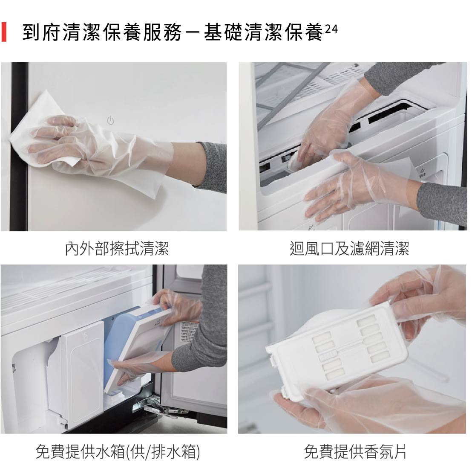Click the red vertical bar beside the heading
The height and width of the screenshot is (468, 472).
[x=3, y=32]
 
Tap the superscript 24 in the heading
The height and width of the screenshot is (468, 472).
[x=331, y=29]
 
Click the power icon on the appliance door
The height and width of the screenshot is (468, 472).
[x=110, y=121]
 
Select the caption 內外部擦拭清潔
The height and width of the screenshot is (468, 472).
[x=117, y=248]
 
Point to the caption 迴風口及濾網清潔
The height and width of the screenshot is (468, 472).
[x=349, y=248]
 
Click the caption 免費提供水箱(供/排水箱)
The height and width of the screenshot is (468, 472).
[x=118, y=451]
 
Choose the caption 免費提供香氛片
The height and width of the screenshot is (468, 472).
[x=355, y=451]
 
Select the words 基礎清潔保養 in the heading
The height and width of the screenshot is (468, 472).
[x=263, y=32]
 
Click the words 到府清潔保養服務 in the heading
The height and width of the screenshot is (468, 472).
[x=102, y=32]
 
